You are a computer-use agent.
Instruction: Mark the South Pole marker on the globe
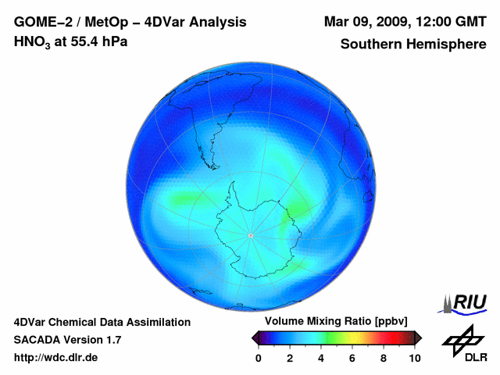coord(250,235)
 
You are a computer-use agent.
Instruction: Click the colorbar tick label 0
coord(259,359)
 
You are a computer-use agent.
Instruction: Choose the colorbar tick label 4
coord(321,359)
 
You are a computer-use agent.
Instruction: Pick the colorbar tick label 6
coord(352,359)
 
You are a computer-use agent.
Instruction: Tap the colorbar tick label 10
coord(414,359)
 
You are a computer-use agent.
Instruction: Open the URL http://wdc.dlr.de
coord(56,359)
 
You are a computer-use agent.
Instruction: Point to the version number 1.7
coord(112,340)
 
